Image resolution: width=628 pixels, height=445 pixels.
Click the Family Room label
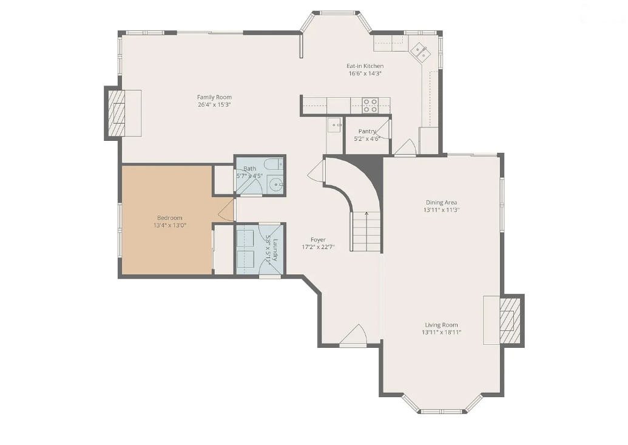tap(214, 97)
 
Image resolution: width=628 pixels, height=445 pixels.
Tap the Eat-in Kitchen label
tap(365, 66)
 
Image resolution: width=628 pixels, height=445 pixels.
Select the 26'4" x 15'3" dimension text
tap(214, 104)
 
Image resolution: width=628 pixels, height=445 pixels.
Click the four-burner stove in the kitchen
tap(370, 105)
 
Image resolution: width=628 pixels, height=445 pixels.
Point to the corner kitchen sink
tap(419, 52)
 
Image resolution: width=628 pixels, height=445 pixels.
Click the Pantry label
tap(367, 131)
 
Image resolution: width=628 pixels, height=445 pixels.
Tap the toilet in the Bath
tap(275, 164)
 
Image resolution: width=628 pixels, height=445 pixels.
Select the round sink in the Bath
tap(276, 185)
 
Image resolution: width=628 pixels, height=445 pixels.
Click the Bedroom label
tap(170, 218)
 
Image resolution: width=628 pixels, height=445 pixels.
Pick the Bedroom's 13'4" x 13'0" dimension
tap(170, 225)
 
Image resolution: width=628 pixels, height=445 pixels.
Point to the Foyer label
tap(318, 240)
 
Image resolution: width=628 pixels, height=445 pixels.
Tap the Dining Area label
tap(441, 202)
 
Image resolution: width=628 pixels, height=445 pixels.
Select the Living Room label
tap(441, 325)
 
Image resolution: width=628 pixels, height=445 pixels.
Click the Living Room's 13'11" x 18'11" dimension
tap(441, 332)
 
